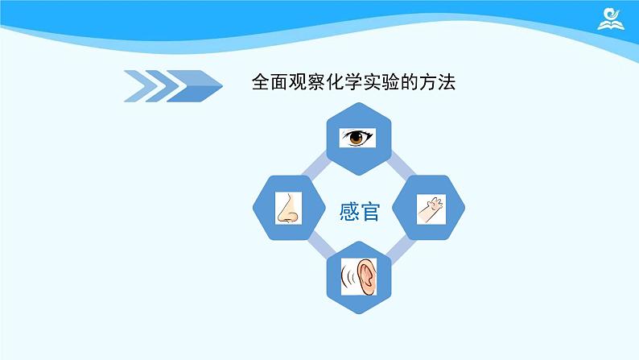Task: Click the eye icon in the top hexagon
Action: (357, 139)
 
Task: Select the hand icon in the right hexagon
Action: (428, 209)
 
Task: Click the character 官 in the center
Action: (370, 213)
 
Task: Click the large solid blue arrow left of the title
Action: (197, 82)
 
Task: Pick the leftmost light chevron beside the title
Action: (137, 82)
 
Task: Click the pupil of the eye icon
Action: (357, 139)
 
